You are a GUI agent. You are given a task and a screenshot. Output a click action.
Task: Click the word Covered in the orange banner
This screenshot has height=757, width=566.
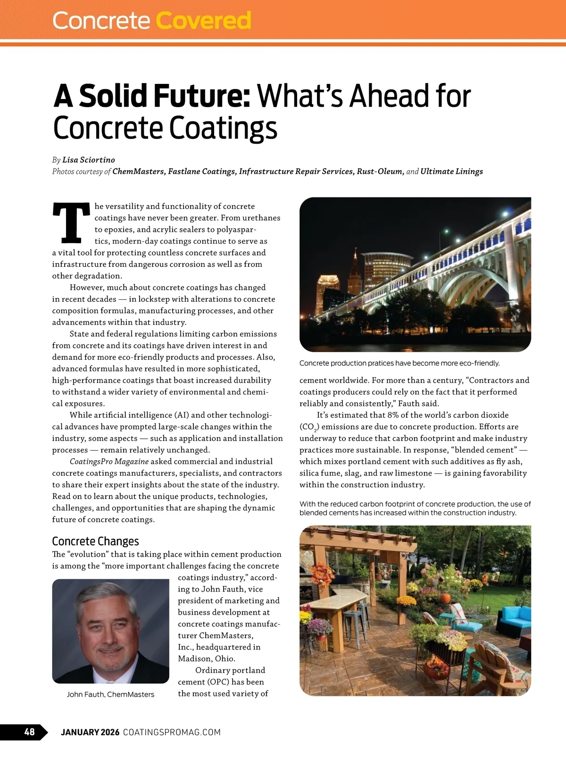click(203, 21)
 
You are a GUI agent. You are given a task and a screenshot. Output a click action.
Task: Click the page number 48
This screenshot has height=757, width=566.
click(29, 732)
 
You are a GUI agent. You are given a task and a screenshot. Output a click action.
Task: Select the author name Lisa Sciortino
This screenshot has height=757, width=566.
click(89, 160)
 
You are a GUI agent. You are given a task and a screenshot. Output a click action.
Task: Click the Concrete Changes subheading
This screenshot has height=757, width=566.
click(95, 541)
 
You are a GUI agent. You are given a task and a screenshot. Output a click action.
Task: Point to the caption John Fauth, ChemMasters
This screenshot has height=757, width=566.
click(110, 694)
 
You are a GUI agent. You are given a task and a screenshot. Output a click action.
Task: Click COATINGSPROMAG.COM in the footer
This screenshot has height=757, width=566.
click(172, 732)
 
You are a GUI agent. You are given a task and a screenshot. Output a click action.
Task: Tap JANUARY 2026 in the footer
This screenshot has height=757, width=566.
click(90, 732)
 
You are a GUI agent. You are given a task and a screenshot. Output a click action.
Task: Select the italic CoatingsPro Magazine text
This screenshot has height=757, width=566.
click(109, 461)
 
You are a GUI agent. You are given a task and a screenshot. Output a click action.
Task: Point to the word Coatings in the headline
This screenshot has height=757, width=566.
click(223, 128)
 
